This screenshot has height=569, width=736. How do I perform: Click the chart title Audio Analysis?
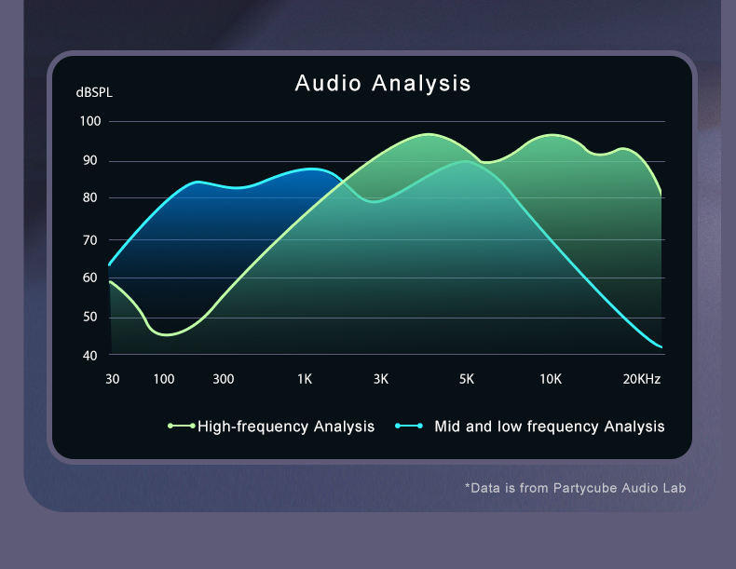coord(383,83)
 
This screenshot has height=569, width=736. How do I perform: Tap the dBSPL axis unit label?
coord(94,93)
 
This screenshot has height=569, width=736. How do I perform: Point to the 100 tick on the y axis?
coord(90,121)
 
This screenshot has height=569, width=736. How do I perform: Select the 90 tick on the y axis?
coord(89,160)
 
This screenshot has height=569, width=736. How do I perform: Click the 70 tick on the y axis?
coord(89,239)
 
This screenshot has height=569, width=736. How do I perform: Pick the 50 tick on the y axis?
coord(89,317)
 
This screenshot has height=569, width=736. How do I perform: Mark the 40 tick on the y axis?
coord(89,356)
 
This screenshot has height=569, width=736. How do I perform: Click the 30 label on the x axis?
coord(112,379)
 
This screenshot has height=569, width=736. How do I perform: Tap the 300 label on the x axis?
coord(223,379)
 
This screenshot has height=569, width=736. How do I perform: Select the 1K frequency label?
coord(305,379)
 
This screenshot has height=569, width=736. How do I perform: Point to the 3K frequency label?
coord(380,379)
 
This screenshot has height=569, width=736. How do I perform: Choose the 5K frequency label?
coord(467,379)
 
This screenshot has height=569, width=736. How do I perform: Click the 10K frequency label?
coord(551,379)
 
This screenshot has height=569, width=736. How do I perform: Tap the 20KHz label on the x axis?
coord(642,379)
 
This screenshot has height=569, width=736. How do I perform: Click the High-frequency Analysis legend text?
coord(286,427)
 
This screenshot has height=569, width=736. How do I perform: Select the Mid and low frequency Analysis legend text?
coord(550,427)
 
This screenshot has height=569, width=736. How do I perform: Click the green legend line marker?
coord(181,427)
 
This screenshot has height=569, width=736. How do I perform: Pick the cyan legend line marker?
coord(409,427)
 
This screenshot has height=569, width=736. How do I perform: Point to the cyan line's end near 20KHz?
coord(661,347)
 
